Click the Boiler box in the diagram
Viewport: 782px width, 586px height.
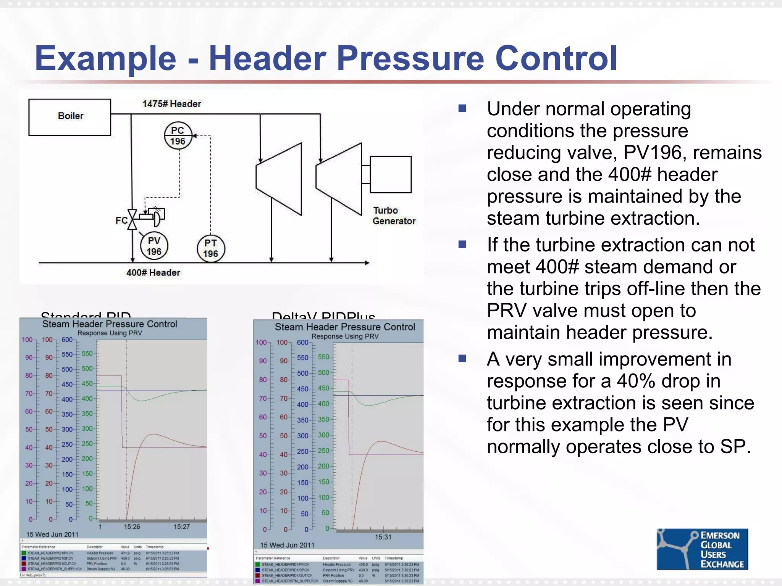pyautogui.click(x=70, y=117)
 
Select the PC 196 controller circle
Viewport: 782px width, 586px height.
pyautogui.click(x=178, y=135)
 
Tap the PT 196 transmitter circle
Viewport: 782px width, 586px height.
pyautogui.click(x=211, y=248)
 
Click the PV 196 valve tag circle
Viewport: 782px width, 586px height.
pyautogui.click(x=154, y=246)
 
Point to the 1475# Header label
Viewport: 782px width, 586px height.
pyautogui.click(x=171, y=104)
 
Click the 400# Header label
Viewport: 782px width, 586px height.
pyautogui.click(x=153, y=272)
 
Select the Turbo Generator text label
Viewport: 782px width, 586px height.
pyautogui.click(x=394, y=216)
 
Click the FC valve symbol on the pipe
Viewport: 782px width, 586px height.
pyautogui.click(x=132, y=220)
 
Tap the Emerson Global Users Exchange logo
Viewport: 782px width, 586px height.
pyautogui.click(x=702, y=549)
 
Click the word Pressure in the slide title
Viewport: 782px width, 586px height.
pyautogui.click(x=410, y=58)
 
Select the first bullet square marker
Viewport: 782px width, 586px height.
pyautogui.click(x=462, y=108)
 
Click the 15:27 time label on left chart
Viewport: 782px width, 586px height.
pyautogui.click(x=181, y=527)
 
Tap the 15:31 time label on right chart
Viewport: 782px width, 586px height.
pyautogui.click(x=383, y=537)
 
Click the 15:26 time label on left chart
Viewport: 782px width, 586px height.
pyautogui.click(x=132, y=527)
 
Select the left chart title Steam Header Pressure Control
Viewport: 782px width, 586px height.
pyautogui.click(x=110, y=324)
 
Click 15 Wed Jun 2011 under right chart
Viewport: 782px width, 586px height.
pyautogui.click(x=287, y=545)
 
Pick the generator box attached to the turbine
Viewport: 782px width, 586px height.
pyautogui.click(x=390, y=174)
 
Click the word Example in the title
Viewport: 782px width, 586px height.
pyautogui.click(x=105, y=58)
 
